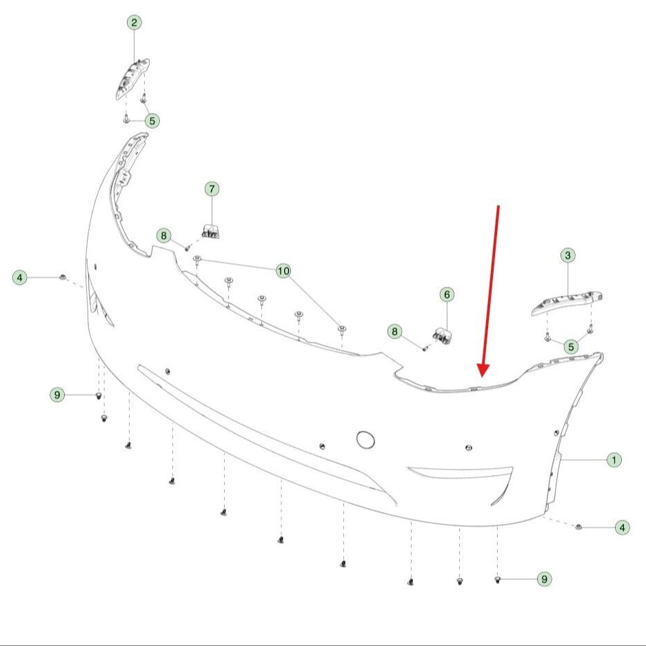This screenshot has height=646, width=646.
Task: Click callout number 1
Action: pyautogui.click(x=614, y=460)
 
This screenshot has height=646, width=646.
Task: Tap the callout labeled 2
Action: pyautogui.click(x=134, y=22)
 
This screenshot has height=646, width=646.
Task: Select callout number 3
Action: pyautogui.click(x=567, y=255)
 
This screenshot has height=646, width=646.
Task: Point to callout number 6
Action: pyautogui.click(x=447, y=294)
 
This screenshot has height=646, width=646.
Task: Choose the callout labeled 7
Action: pyautogui.click(x=212, y=189)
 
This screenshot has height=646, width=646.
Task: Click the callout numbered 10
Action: pyautogui.click(x=283, y=271)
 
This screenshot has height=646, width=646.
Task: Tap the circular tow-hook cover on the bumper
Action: pyautogui.click(x=365, y=440)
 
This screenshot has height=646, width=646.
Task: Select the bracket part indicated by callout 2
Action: pyautogui.click(x=132, y=79)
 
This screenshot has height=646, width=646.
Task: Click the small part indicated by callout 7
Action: pyautogui.click(x=210, y=231)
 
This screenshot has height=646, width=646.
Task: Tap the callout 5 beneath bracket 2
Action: pyautogui.click(x=152, y=121)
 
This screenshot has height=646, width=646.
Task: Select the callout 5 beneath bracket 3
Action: pyautogui.click(x=571, y=347)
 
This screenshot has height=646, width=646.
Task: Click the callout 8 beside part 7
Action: pyautogui.click(x=163, y=236)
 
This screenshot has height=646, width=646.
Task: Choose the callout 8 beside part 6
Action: pyautogui.click(x=394, y=332)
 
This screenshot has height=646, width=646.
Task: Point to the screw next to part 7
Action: pyautogui.click(x=187, y=248)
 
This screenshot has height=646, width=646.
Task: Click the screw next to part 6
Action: pyautogui.click(x=425, y=349)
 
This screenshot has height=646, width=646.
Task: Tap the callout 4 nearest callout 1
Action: pyautogui.click(x=622, y=527)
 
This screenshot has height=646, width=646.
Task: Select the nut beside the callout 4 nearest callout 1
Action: pyautogui.click(x=578, y=527)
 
